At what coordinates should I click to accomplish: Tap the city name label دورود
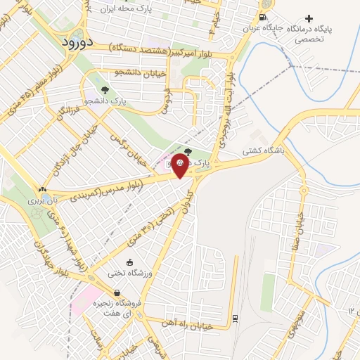73,42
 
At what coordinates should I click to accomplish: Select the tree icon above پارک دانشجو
105,90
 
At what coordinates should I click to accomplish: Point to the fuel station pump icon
262,18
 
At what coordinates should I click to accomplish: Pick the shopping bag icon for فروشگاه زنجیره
117,293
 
